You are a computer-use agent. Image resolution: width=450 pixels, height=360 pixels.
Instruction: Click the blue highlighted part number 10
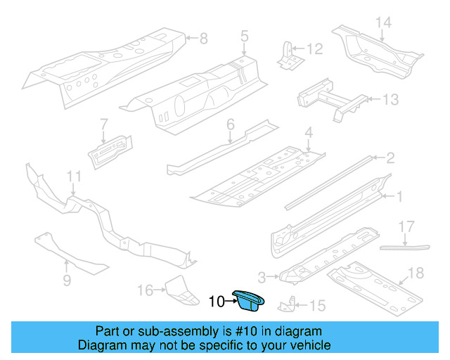click(x=250, y=300)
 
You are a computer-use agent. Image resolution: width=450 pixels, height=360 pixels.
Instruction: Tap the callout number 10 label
click(x=217, y=302)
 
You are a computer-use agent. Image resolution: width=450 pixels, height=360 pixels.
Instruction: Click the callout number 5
click(x=244, y=34)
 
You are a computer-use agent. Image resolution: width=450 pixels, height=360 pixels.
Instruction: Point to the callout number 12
click(x=314, y=49)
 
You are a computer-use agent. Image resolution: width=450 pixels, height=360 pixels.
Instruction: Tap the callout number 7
click(x=103, y=124)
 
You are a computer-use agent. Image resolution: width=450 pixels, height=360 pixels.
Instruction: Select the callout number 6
click(x=229, y=124)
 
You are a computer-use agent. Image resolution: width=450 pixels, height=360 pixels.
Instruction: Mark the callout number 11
click(x=74, y=175)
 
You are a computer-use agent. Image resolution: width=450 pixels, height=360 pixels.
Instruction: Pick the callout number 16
click(x=145, y=289)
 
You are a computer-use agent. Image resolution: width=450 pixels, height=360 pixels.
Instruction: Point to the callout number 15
click(x=318, y=305)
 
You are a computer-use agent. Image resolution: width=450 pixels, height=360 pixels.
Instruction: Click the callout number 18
click(x=416, y=273)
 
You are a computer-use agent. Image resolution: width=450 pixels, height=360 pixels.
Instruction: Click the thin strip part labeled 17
click(x=404, y=247)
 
